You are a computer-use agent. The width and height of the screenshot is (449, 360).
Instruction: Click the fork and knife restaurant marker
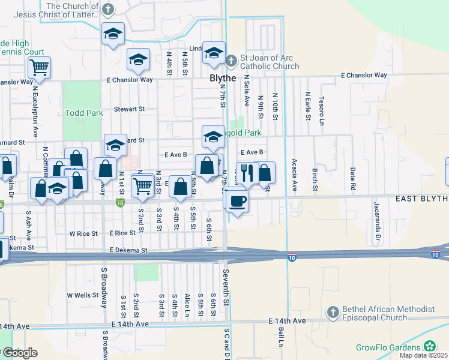(x=247, y=173)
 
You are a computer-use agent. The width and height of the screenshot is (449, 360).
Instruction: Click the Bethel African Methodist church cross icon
(x=333, y=312)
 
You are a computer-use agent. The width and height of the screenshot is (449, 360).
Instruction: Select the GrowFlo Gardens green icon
(x=430, y=346)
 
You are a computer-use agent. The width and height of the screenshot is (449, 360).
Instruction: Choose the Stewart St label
(x=130, y=110)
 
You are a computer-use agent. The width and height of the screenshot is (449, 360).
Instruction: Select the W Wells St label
(x=82, y=295)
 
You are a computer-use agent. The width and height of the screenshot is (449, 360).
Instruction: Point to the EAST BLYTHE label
(x=421, y=199)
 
